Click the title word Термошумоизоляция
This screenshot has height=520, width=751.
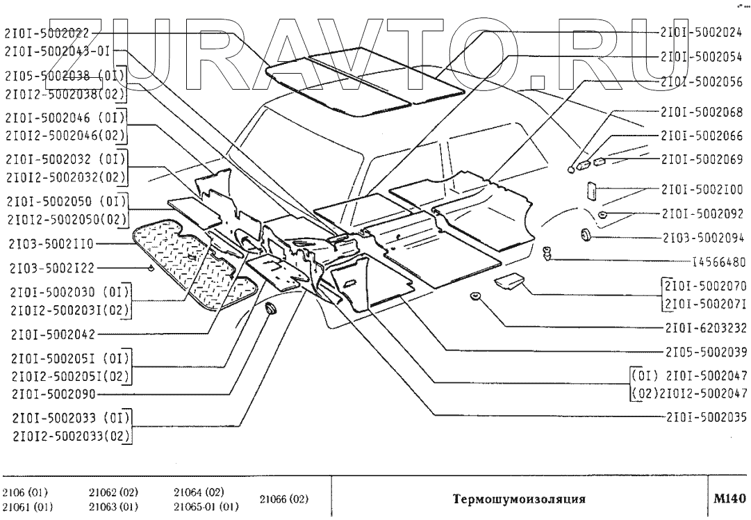(x=519, y=498)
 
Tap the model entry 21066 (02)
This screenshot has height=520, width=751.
(x=284, y=499)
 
